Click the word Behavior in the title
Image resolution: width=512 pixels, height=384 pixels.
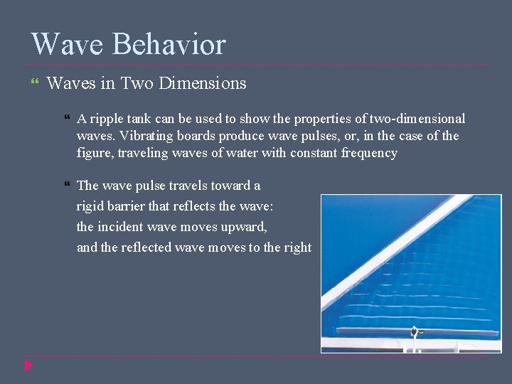169,44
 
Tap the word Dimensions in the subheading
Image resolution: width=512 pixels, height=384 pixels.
203,83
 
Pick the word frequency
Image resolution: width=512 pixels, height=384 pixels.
369,153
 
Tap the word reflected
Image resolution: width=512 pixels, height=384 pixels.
150,247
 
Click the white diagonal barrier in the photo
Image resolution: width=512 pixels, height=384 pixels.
398,249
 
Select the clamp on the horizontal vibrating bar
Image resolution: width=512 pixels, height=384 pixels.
413,331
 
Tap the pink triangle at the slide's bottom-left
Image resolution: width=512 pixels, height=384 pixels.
28,366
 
